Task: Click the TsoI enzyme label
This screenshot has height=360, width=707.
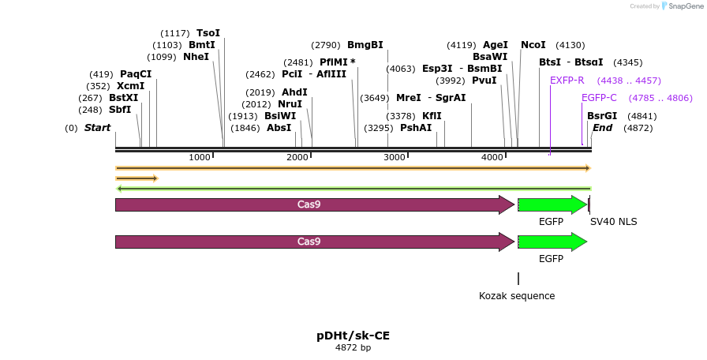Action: point(208,33)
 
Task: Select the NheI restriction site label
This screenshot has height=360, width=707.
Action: point(196,57)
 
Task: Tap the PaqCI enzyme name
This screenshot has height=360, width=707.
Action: point(136,74)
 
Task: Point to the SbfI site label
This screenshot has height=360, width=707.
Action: point(120,110)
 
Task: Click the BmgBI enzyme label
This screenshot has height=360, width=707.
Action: point(365,45)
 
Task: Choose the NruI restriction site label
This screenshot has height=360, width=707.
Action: point(290,104)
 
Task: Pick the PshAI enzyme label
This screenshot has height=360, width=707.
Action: point(416,128)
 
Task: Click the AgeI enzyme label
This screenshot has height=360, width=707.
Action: point(496,45)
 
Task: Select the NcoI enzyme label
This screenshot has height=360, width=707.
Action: point(533,45)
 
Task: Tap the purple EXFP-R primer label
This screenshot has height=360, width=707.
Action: point(567,81)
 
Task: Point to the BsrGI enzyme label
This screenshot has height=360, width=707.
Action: point(602,116)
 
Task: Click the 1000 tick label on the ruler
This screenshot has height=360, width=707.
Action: point(200,157)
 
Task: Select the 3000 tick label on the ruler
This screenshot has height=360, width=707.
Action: point(395,157)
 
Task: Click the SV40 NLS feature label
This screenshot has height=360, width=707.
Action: point(614,222)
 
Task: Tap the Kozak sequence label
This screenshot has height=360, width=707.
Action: point(517,296)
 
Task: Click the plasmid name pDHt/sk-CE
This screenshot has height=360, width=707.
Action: point(353,336)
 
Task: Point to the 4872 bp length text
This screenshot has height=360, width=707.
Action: point(353,348)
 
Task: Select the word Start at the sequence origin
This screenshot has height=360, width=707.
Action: point(98,128)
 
